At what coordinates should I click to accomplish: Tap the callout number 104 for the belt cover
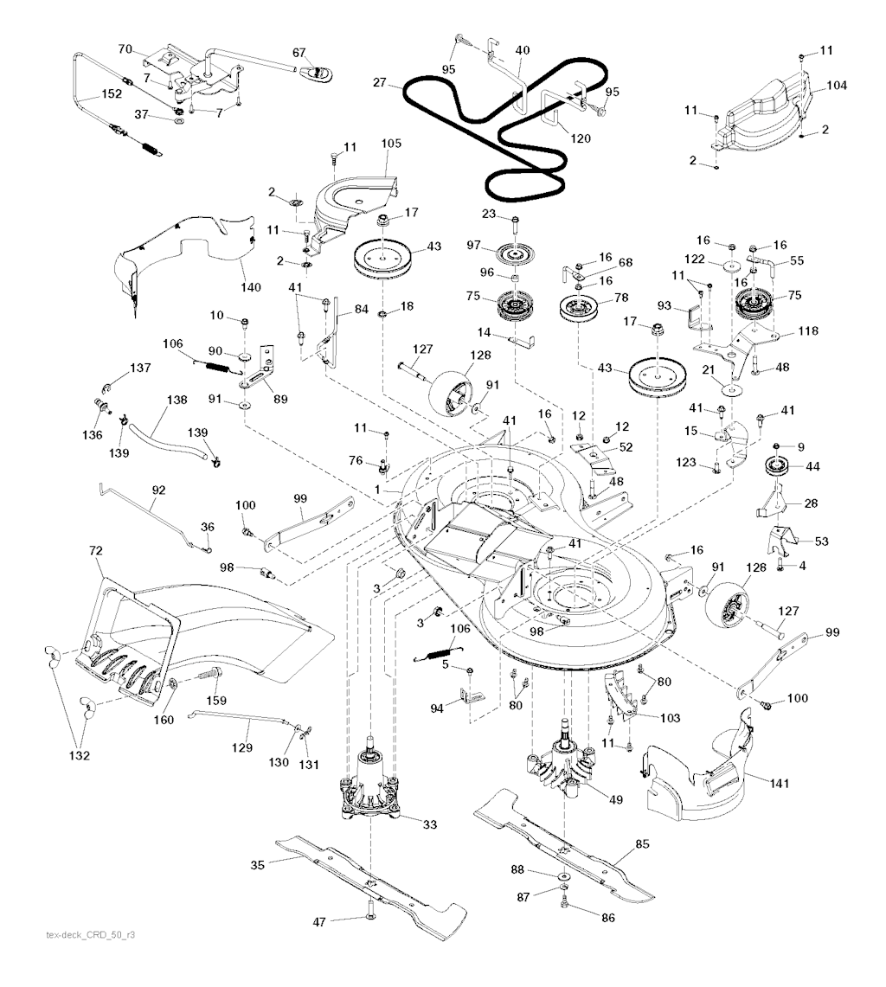tap(837, 85)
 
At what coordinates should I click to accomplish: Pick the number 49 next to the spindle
tap(615, 799)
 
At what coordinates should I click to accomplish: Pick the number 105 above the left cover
tap(391, 144)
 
